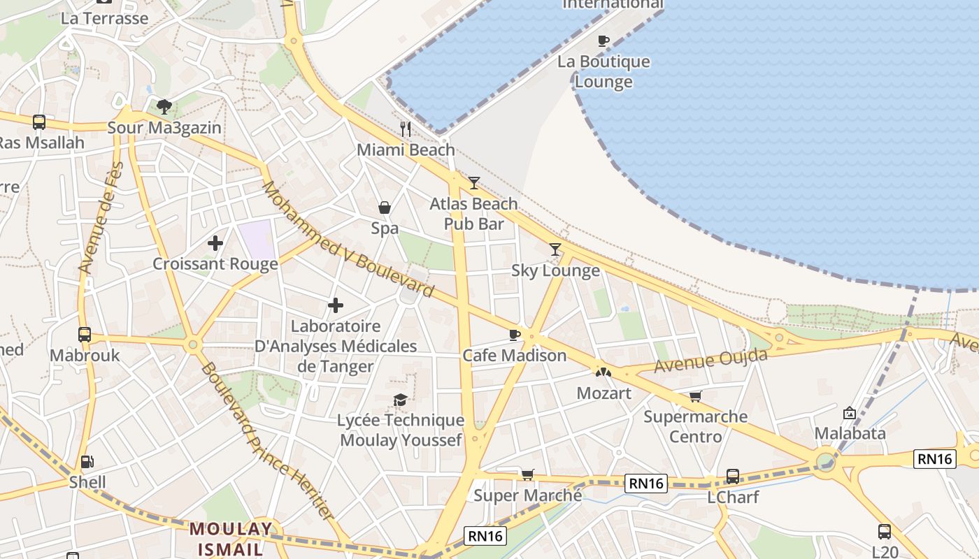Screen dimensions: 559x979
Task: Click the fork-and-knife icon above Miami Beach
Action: click(406, 129)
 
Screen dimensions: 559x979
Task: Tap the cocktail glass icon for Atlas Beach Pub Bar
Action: click(474, 183)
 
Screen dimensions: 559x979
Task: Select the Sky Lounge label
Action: click(555, 270)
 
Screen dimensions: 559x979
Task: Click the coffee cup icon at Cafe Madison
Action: click(515, 335)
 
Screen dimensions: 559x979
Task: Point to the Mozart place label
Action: click(603, 393)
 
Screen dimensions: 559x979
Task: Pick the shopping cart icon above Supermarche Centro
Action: click(695, 396)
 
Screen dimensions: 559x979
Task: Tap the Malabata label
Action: click(850, 433)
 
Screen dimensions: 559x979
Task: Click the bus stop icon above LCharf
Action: click(732, 477)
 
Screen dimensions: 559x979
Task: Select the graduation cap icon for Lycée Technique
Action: click(400, 400)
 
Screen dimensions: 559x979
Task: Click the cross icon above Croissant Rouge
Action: click(215, 243)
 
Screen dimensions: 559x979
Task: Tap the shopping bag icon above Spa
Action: click(385, 208)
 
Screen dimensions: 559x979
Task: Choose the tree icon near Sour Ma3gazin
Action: click(164, 107)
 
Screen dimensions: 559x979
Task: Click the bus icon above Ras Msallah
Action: click(39, 122)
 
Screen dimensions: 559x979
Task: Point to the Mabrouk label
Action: click(85, 355)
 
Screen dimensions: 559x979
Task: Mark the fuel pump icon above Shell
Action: click(87, 462)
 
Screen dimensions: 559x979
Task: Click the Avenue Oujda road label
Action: click(710, 361)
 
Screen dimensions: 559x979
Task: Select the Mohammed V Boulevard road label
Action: click(348, 240)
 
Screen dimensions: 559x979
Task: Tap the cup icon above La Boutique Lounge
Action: click(603, 41)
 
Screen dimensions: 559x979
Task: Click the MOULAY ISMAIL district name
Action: click(231, 538)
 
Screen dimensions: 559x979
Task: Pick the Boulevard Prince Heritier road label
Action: click(266, 440)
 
